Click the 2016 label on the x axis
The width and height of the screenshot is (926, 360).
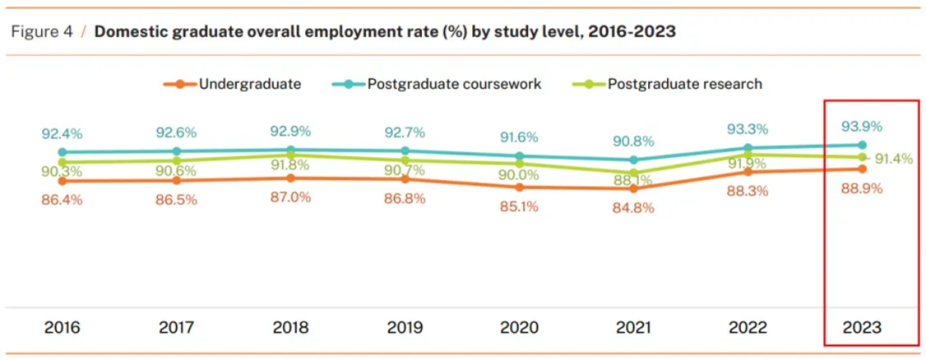pyautogui.click(x=62, y=327)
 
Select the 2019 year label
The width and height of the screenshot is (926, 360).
pyautogui.click(x=405, y=327)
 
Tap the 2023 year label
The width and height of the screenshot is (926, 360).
pyautogui.click(x=862, y=327)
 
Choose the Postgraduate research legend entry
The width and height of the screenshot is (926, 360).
pyautogui.click(x=685, y=84)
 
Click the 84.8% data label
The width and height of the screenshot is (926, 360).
pyautogui.click(x=634, y=207)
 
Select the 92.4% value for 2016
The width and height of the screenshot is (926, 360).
pyautogui.click(x=63, y=134)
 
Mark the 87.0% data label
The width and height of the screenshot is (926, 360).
pyautogui.click(x=291, y=197)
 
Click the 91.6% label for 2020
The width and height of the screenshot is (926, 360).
pyautogui.click(x=519, y=136)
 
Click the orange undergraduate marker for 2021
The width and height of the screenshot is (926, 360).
pyautogui.click(x=634, y=189)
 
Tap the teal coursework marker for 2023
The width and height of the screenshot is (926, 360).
pyautogui.click(x=863, y=145)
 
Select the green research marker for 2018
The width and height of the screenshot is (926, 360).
pyautogui.click(x=291, y=156)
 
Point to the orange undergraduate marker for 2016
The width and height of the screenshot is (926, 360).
pyautogui.click(x=63, y=181)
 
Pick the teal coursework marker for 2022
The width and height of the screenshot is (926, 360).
pyautogui.click(x=748, y=147)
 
